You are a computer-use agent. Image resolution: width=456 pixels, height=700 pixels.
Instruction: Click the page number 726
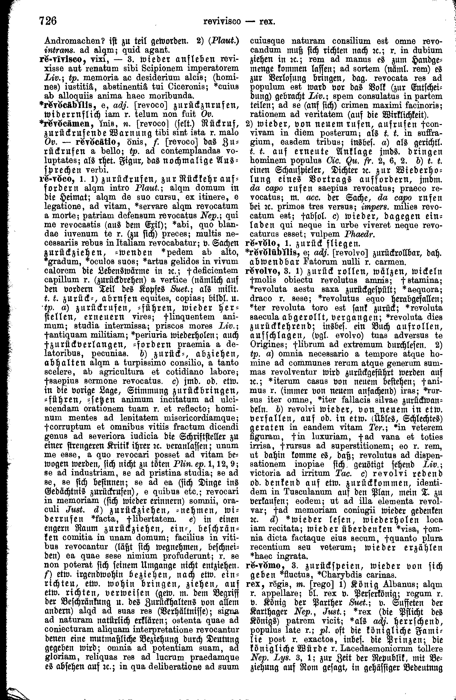click(47, 22)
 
